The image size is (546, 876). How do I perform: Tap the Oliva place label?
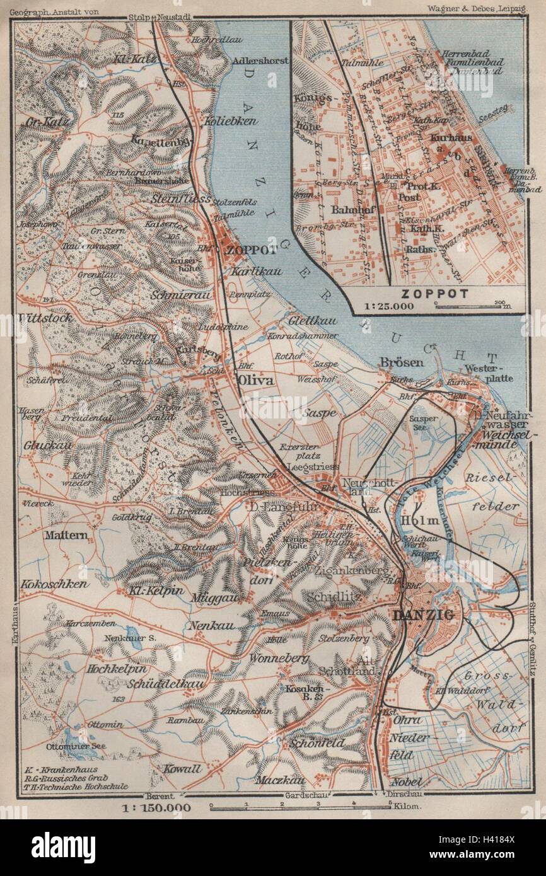click(255, 381)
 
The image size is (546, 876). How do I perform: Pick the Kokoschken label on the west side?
click(54, 584)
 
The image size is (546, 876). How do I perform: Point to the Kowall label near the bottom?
click(182, 769)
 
